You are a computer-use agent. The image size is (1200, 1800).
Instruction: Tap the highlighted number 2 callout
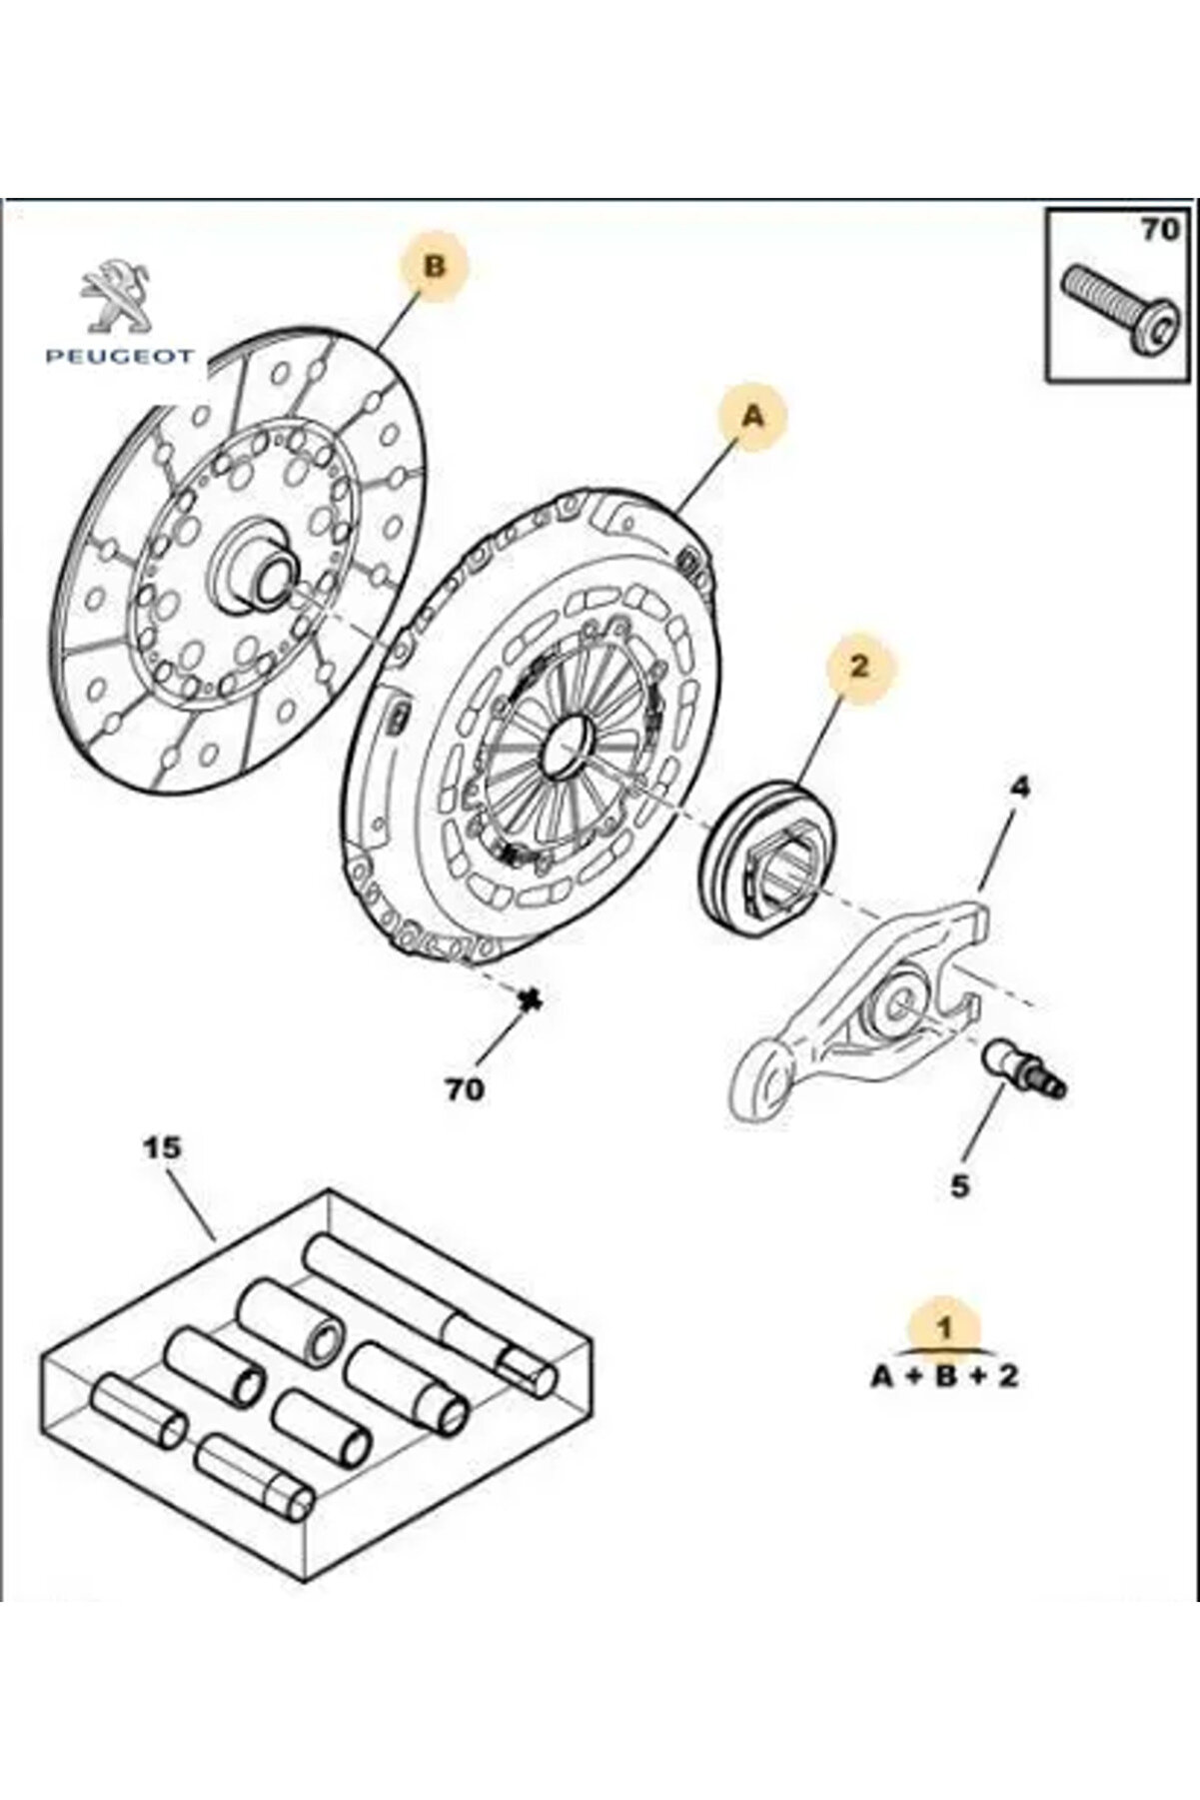pos(858,666)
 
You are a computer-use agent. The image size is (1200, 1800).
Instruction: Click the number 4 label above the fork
pos(1019,789)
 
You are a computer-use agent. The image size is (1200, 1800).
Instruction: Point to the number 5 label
pos(959,1186)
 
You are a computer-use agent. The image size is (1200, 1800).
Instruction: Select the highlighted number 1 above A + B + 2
pos(942,1328)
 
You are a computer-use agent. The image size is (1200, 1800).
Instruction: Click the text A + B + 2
pos(944,1376)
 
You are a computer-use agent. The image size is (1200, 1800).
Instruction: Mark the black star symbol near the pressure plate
pos(531,998)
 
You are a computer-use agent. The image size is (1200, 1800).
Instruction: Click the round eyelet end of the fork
pos(763,1075)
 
